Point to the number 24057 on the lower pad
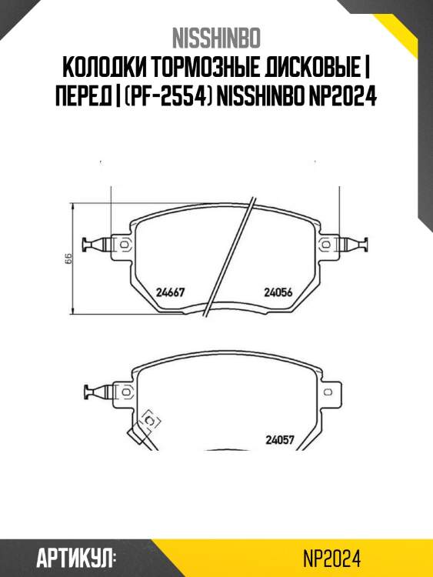coord(280,440)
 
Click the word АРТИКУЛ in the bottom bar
coord(77,556)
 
